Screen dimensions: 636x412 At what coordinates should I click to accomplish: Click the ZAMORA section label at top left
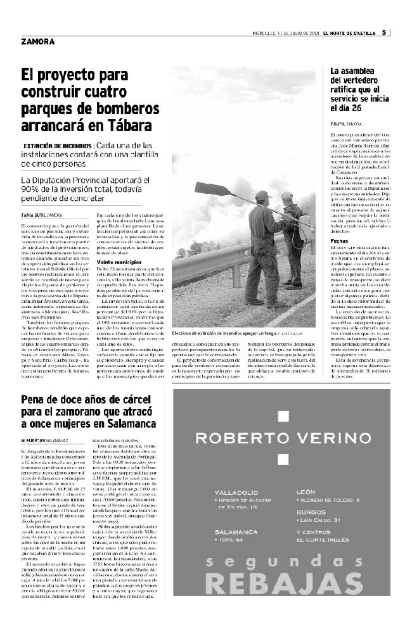[x=37, y=42]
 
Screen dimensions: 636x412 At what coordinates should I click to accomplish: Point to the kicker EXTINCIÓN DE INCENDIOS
[x=58, y=146]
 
